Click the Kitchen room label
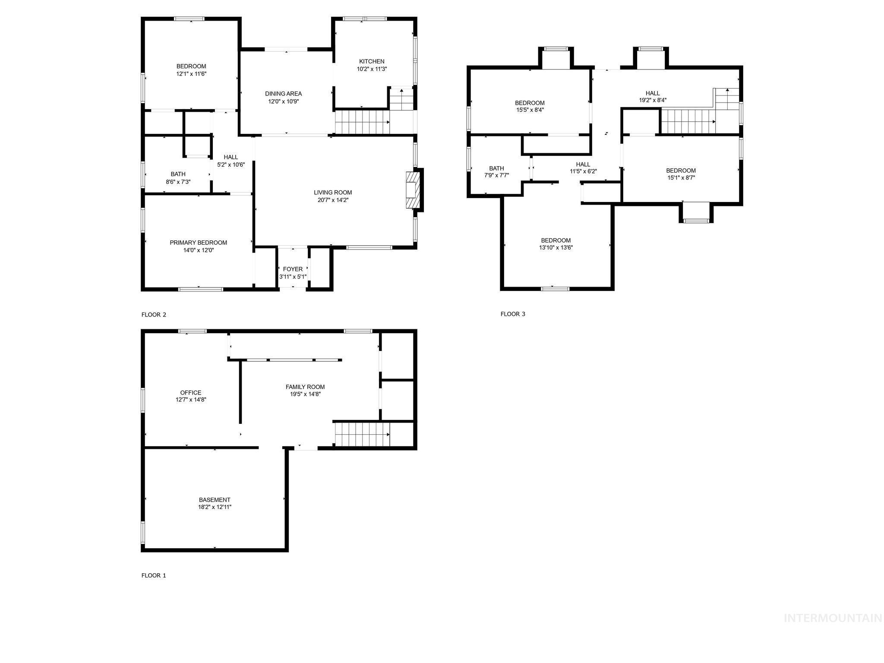[x=372, y=62]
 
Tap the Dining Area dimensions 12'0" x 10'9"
[x=283, y=101]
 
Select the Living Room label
[x=332, y=193]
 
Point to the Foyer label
[x=293, y=269]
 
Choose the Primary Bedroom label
[x=198, y=243]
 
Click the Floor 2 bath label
[x=178, y=174]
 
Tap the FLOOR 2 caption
[x=154, y=315]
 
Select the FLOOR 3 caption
[x=513, y=314]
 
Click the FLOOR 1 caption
[x=154, y=575]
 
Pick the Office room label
[x=191, y=393]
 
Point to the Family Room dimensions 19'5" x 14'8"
[x=305, y=394]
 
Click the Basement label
[x=215, y=500]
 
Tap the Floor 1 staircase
[x=363, y=435]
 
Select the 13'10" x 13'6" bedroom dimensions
[x=556, y=248]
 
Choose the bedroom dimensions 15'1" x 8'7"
[x=681, y=177]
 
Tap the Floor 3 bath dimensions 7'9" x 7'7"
[x=496, y=175]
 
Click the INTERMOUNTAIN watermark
[x=833, y=619]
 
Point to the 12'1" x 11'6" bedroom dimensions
[x=191, y=74]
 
